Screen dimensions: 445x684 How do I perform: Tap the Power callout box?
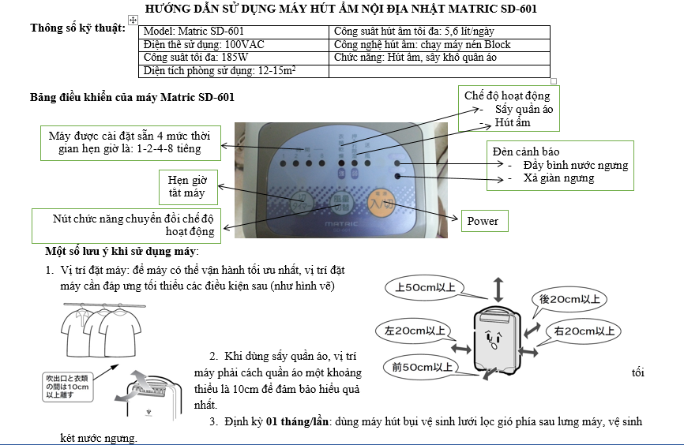[x=483, y=221]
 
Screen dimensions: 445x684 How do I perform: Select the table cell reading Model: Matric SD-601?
[x=235, y=32]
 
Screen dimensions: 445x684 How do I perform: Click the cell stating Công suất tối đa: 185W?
[x=235, y=58]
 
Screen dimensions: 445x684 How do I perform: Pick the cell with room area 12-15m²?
[x=235, y=71]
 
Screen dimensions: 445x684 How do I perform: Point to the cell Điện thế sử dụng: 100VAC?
[x=235, y=45]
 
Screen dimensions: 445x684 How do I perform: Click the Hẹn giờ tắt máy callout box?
[x=187, y=186]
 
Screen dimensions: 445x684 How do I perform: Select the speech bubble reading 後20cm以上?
[x=569, y=300]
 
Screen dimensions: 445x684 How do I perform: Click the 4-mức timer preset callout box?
[x=130, y=142]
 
